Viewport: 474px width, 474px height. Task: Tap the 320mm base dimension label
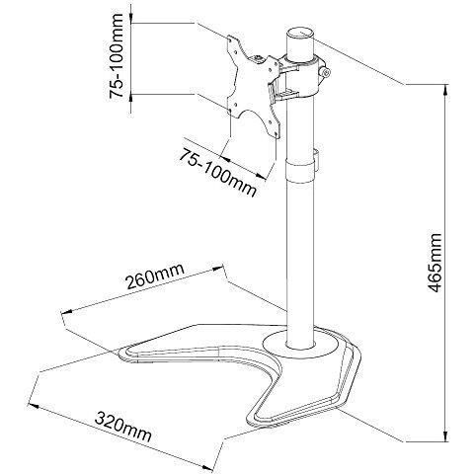[123, 427]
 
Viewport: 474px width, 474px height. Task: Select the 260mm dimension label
[155, 276]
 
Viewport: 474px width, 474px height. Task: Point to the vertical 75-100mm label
[117, 56]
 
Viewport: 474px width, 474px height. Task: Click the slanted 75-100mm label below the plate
[217, 173]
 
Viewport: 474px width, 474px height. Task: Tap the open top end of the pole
[300, 34]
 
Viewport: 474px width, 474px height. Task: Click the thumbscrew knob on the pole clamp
[326, 73]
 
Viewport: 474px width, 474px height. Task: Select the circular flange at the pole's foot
[301, 344]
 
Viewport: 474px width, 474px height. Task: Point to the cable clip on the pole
[317, 160]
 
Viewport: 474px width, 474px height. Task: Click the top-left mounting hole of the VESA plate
[230, 39]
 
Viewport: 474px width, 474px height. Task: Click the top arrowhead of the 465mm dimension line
[445, 90]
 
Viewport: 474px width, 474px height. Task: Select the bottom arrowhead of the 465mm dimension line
[445, 435]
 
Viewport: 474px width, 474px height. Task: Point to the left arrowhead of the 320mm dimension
[34, 406]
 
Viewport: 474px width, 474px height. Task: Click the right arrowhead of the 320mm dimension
[208, 468]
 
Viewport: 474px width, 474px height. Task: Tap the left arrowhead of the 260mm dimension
[66, 311]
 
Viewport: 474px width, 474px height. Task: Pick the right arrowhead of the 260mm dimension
[218, 269]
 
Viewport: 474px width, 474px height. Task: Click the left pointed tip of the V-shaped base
[121, 353]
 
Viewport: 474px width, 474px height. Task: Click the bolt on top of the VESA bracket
[258, 59]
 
